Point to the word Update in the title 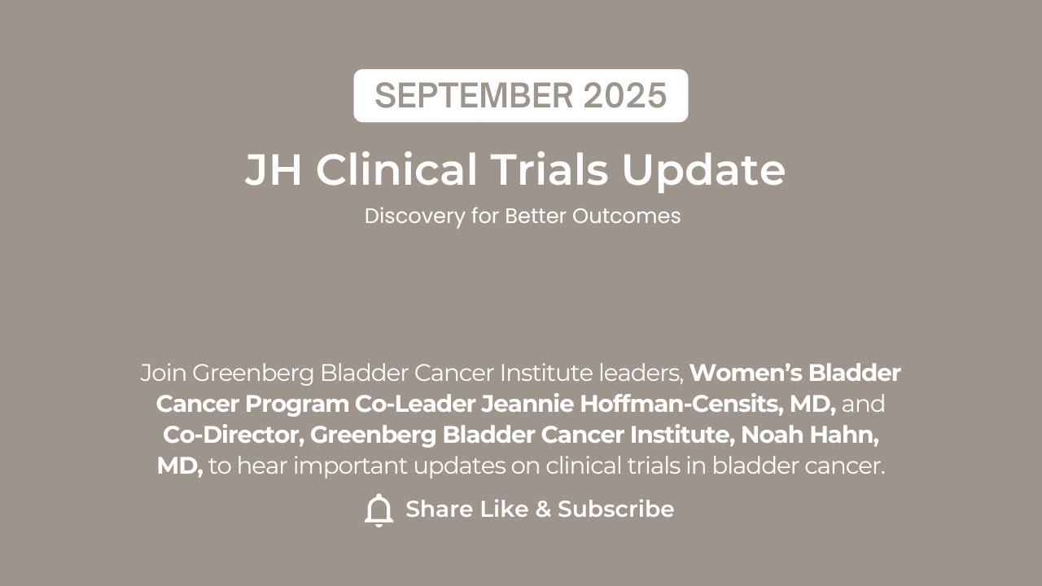(703, 170)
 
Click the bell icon (379, 510)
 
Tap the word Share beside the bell (440, 509)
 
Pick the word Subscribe (615, 509)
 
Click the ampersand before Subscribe (543, 509)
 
